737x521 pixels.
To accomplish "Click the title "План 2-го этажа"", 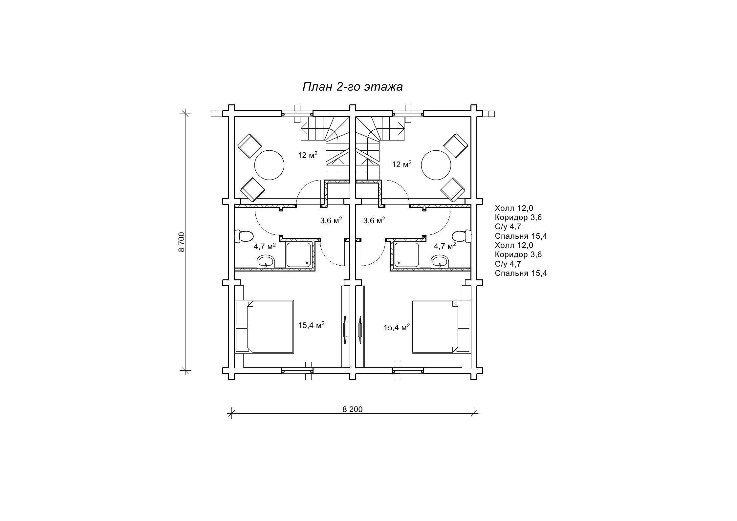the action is point(352,87).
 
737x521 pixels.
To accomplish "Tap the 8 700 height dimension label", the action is point(182,242).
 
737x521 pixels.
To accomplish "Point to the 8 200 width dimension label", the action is point(353,409).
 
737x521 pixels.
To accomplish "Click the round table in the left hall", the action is point(270,165).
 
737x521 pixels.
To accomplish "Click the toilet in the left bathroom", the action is point(244,236).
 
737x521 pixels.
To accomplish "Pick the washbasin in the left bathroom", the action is point(266,262).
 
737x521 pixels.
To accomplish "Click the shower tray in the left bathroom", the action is point(298,255).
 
